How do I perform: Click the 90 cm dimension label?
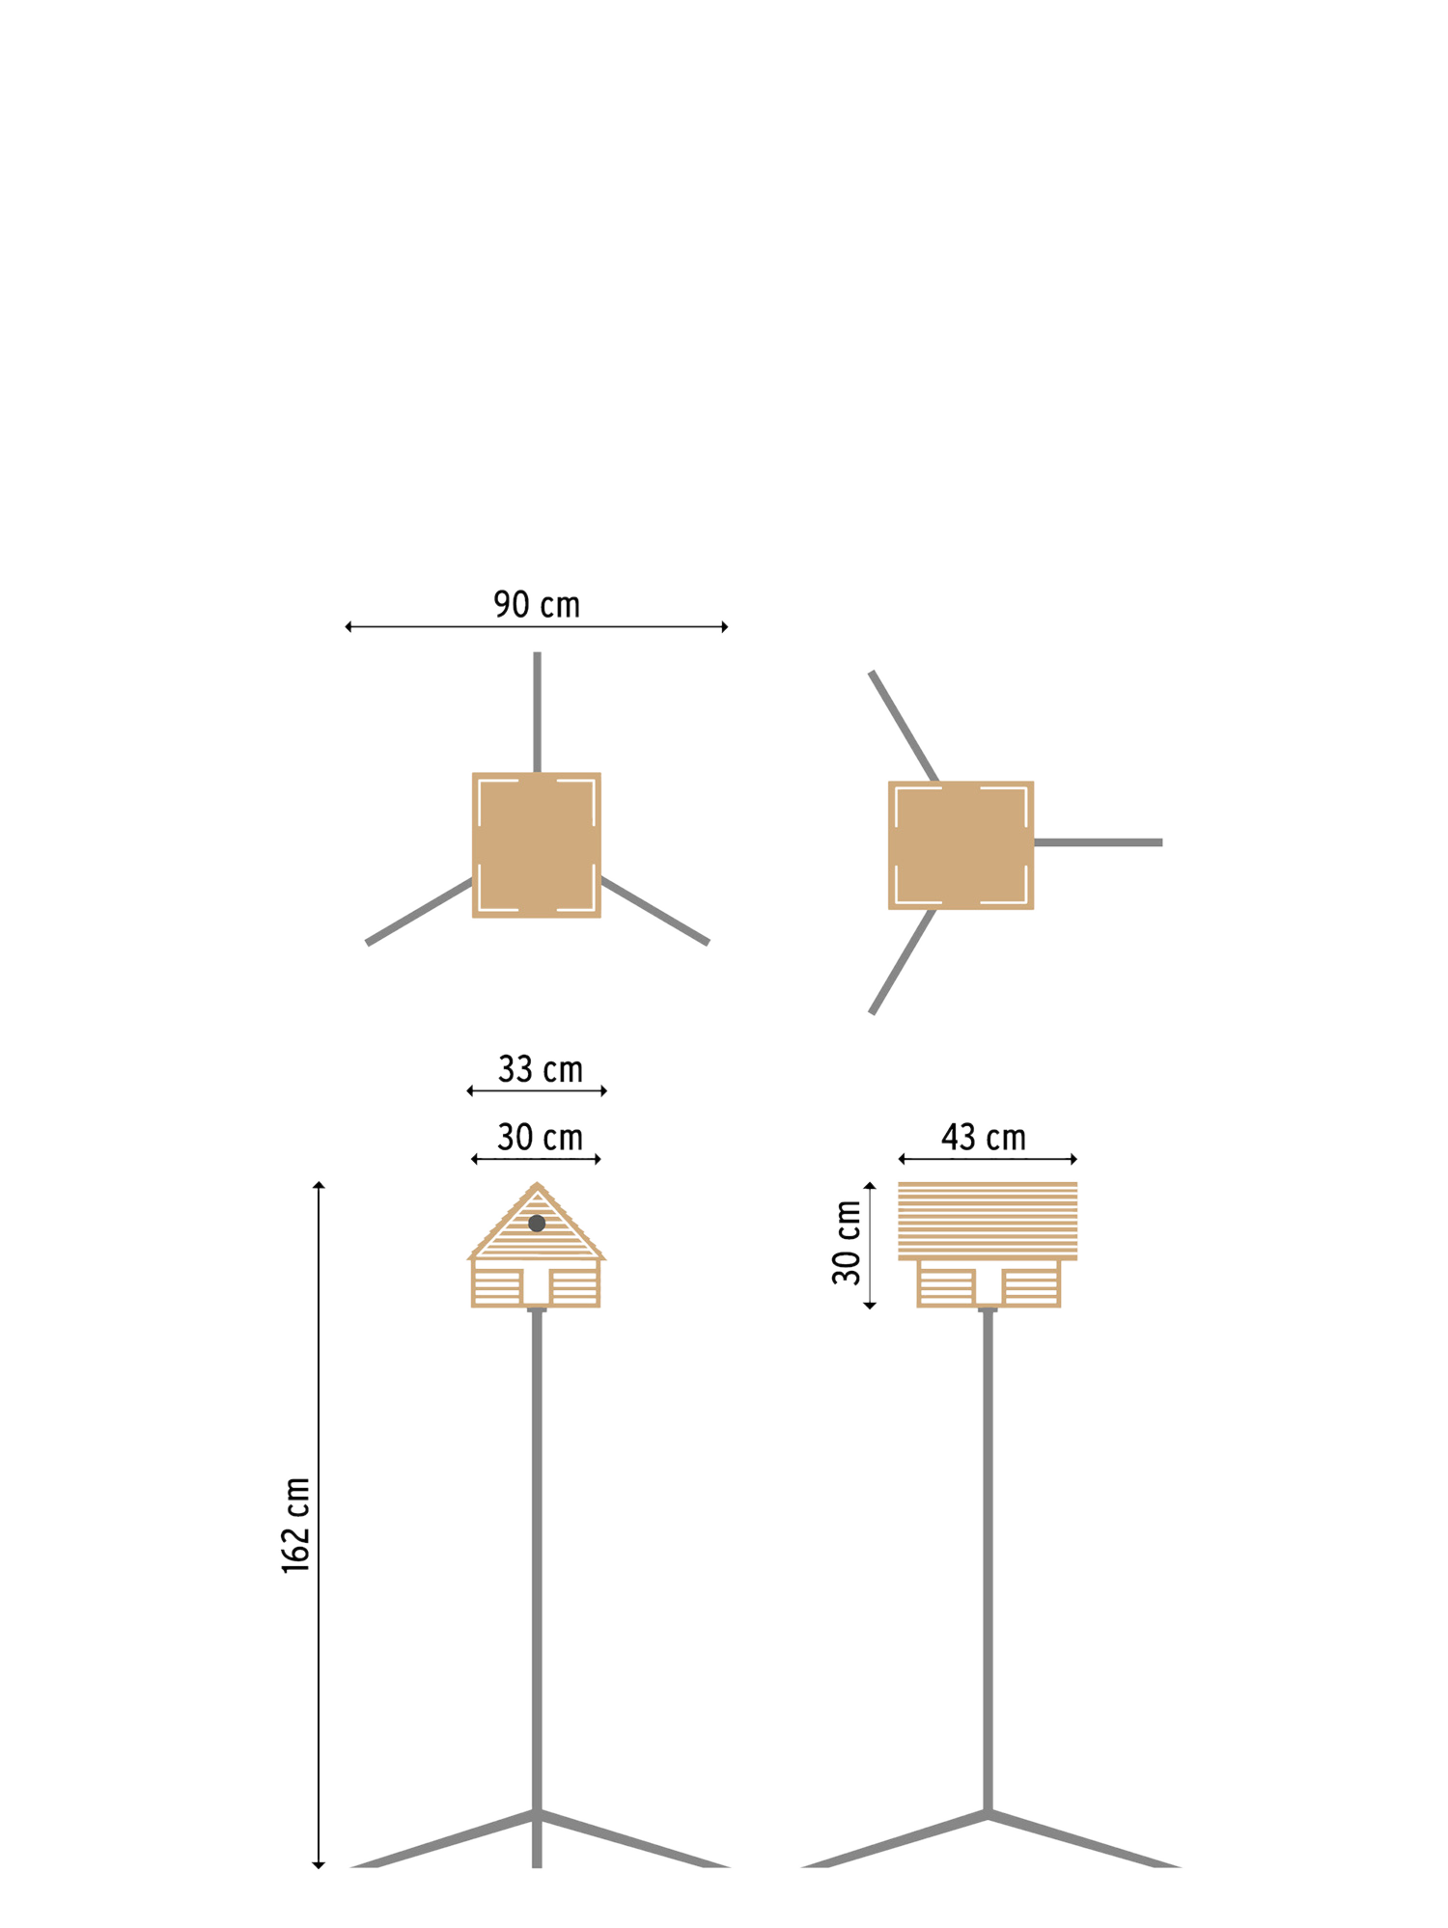pos(537,605)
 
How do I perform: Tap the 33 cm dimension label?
pos(540,1069)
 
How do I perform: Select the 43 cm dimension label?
pos(984,1138)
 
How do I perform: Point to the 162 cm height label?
pos(296,1526)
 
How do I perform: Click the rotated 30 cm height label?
pos(847,1243)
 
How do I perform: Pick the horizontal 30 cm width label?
pos(540,1138)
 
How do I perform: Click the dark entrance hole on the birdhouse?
pos(537,1224)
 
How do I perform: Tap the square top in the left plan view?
pos(537,844)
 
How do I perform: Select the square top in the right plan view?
pos(961,845)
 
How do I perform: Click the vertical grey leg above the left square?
pos(537,712)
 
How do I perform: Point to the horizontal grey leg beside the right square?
pos(1098,842)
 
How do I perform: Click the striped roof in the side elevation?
pos(988,1221)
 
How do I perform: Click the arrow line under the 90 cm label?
pos(537,627)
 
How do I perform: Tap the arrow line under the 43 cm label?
pos(988,1159)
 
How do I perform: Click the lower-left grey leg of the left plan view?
pos(419,912)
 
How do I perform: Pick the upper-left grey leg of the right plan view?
pos(904,726)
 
